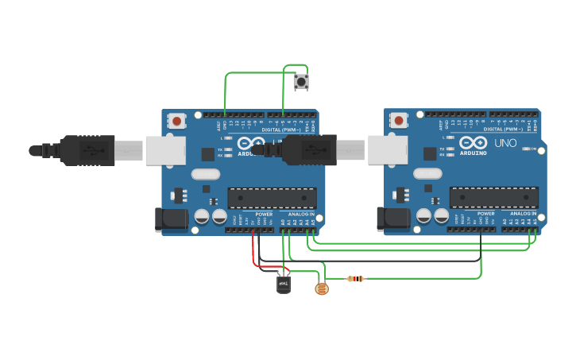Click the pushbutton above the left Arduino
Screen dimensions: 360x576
coord(302,81)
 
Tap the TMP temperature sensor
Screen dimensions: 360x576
coord(284,283)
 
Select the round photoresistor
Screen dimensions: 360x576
coord(321,288)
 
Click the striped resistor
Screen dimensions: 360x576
coord(356,278)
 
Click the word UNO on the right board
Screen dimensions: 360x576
coord(506,144)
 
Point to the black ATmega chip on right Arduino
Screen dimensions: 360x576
coord(493,197)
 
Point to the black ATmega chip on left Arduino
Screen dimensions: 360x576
coord(272,197)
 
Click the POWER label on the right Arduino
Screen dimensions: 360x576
coord(486,214)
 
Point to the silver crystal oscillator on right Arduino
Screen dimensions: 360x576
coord(427,173)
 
